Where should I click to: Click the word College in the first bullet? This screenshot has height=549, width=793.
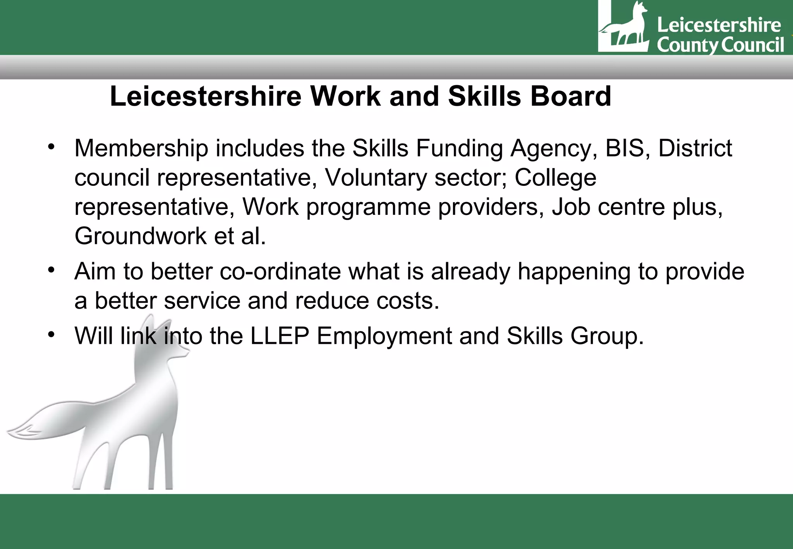pos(555,178)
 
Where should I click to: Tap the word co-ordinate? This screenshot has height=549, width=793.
pos(280,271)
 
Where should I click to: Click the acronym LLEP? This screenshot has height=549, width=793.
pos(280,336)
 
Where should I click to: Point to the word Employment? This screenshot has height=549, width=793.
pos(384,336)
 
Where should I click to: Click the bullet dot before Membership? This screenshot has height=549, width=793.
pos(51,147)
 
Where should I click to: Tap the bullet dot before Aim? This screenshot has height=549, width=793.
pos(51,270)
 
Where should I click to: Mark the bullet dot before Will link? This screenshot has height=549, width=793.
pos(51,335)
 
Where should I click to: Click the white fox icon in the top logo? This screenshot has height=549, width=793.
pos(624,27)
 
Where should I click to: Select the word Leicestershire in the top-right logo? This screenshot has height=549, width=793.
pos(719,25)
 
